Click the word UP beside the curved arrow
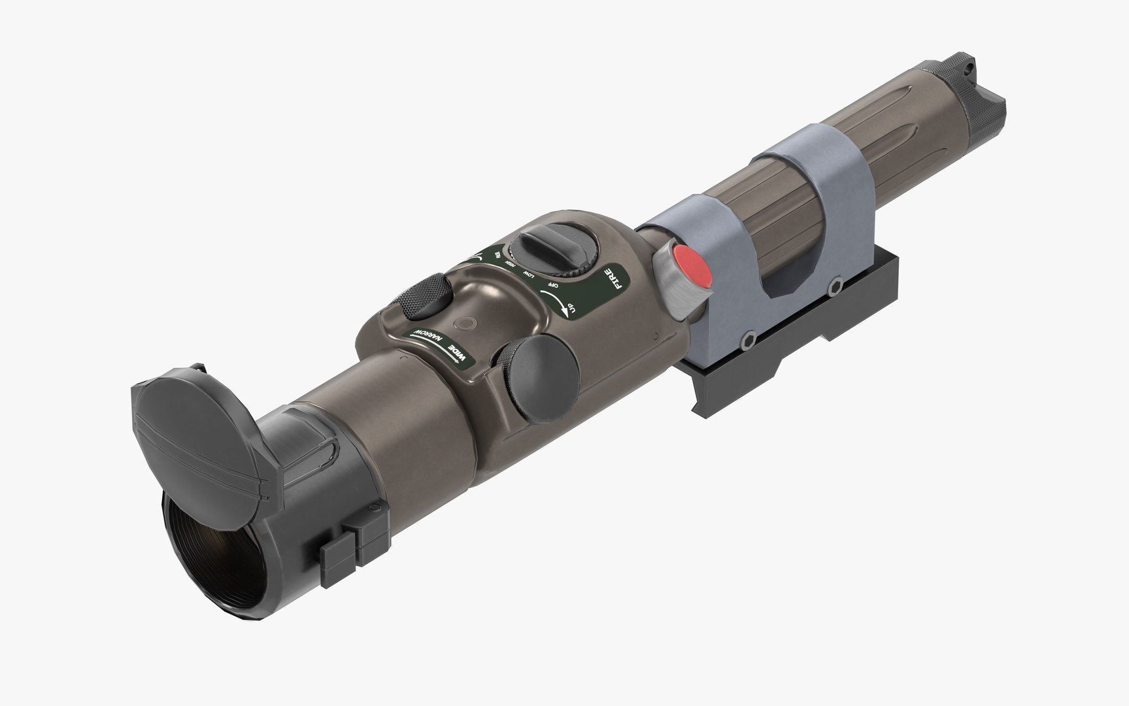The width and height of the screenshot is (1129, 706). pyautogui.click(x=571, y=307)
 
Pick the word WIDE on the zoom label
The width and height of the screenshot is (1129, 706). pyautogui.click(x=458, y=354)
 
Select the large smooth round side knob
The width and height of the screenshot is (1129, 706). pyautogui.click(x=537, y=377)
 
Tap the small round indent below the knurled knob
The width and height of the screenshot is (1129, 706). pyautogui.click(x=466, y=323)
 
